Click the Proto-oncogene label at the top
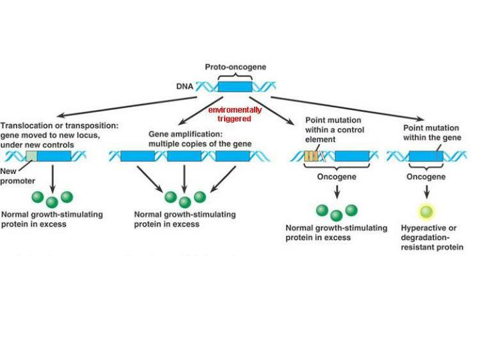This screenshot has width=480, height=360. pos(235,68)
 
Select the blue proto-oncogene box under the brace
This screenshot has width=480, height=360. pos(235,87)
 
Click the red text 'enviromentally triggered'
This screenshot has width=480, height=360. pos(235,114)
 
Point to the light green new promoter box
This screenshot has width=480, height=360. pos(31,156)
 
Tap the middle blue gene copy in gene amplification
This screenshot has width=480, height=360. pos(184,156)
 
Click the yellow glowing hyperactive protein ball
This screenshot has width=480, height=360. pos(426,213)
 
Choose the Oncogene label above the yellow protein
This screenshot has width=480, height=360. pos(426,177)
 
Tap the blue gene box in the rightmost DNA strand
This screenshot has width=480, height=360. pos(426,157)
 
